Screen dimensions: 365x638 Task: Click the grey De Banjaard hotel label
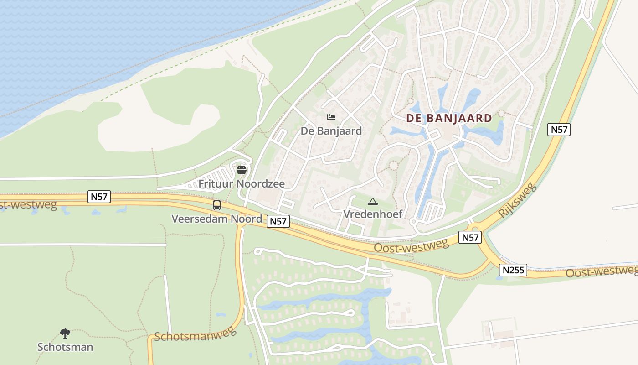click(331, 131)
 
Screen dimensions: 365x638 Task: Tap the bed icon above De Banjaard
click(331, 118)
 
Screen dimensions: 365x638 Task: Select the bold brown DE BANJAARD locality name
click(449, 119)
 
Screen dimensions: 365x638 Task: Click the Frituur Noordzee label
click(242, 184)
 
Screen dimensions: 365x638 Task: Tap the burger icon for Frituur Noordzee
click(242, 170)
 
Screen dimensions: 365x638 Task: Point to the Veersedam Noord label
click(216, 219)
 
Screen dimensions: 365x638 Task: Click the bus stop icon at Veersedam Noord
click(217, 205)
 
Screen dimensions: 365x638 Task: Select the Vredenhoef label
click(373, 214)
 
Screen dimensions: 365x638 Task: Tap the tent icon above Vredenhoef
click(373, 201)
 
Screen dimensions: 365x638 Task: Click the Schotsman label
click(65, 347)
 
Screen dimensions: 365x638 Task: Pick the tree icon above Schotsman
click(65, 334)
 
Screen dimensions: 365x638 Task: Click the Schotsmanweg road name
click(196, 334)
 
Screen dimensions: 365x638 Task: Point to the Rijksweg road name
click(519, 201)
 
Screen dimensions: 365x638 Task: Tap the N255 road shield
click(513, 270)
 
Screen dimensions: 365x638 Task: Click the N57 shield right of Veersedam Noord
click(278, 221)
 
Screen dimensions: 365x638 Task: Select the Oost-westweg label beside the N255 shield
click(602, 271)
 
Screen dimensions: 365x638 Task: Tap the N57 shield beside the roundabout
click(470, 237)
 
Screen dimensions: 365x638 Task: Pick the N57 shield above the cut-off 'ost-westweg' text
click(99, 197)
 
